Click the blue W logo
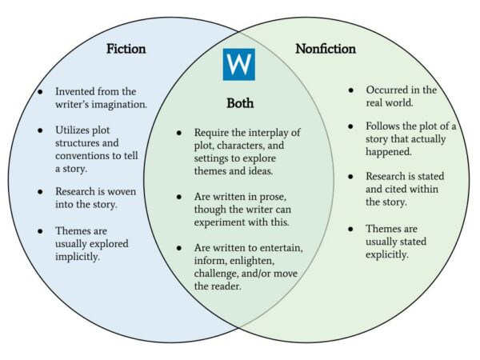(238, 64)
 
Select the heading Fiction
(126, 49)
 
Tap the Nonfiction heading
(326, 49)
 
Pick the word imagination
(121, 104)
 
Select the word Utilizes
(76, 130)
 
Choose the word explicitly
(387, 254)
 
